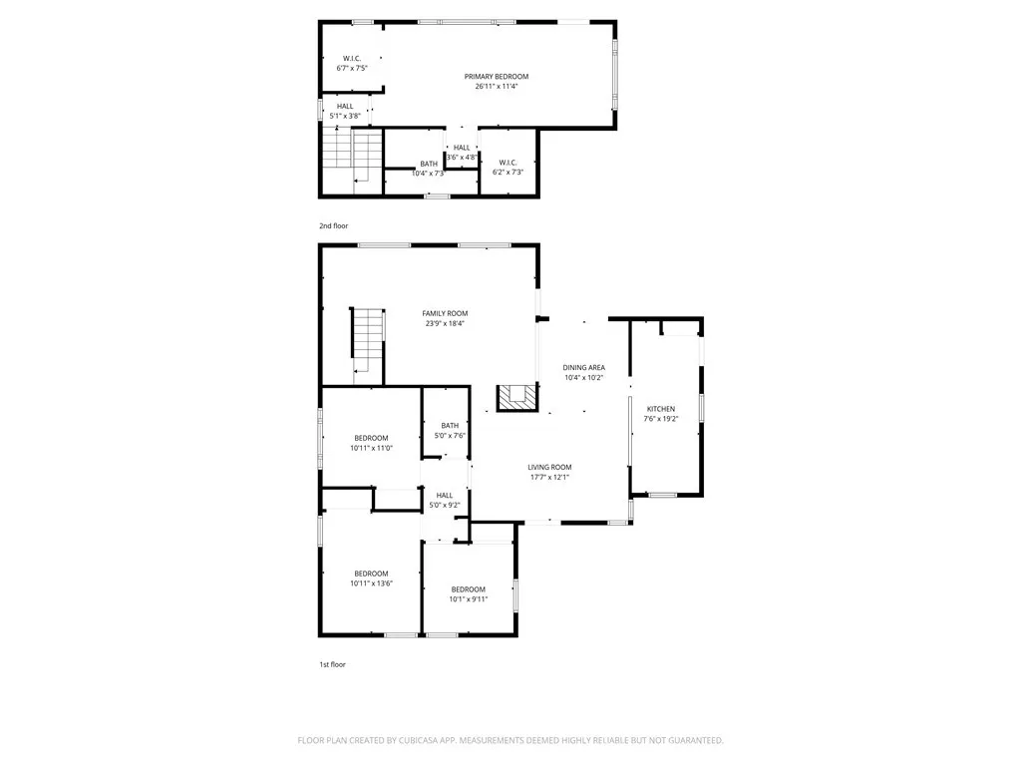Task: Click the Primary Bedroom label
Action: point(496,77)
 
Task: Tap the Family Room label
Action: point(444,313)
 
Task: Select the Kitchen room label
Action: point(661,409)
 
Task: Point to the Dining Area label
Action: point(583,368)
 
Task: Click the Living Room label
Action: point(549,467)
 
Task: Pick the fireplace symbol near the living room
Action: point(516,398)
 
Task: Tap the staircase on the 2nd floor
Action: point(353,156)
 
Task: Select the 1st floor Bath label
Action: point(450,426)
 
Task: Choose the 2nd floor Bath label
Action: point(428,164)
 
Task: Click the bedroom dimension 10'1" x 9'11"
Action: point(468,599)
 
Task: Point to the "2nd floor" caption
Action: point(334,226)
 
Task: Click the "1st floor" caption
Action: point(333,664)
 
